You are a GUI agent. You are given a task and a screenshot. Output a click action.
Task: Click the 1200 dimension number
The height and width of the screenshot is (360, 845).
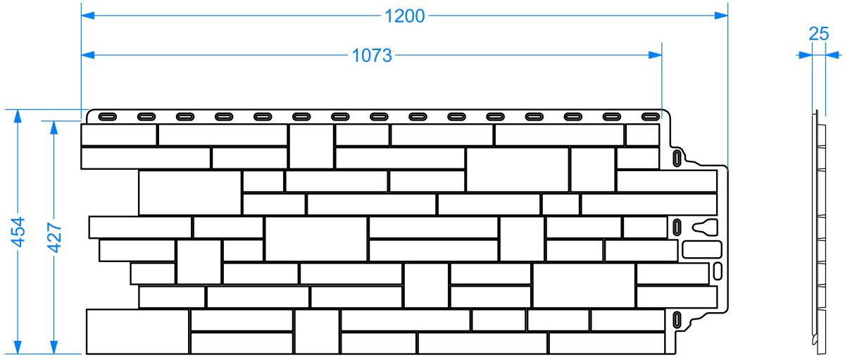(405, 15)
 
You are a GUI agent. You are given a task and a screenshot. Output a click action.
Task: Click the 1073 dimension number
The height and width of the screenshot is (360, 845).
(372, 56)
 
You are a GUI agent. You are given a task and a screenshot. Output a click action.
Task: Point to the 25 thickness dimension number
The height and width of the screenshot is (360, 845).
(818, 33)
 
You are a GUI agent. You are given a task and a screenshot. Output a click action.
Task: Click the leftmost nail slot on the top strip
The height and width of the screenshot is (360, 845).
(108, 116)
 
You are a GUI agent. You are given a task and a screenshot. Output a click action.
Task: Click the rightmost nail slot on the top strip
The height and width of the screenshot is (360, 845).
(650, 116)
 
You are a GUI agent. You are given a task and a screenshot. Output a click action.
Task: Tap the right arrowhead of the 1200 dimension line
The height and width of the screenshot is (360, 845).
(721, 15)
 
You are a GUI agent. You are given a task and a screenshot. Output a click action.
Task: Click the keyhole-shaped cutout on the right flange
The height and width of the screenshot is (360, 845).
(705, 227)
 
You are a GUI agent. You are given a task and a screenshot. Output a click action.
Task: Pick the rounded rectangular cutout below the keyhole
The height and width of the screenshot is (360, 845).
(702, 250)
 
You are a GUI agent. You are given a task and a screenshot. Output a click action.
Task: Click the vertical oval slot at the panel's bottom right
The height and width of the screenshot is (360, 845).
(677, 321)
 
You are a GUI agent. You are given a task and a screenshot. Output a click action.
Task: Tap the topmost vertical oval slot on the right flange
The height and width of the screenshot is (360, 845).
(677, 157)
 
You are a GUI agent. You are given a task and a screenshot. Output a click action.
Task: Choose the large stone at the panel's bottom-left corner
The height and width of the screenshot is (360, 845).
(137, 331)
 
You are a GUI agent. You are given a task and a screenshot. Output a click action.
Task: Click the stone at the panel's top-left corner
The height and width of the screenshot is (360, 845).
(118, 135)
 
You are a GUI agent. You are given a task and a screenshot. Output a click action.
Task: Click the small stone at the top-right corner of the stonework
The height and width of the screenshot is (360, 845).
(641, 135)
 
